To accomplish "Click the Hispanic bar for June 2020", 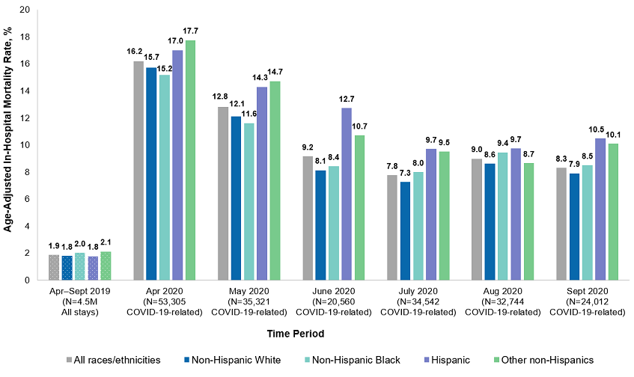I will coord(367,194).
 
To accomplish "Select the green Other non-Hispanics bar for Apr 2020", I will coord(190,161).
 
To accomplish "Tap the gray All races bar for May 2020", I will coord(222,194).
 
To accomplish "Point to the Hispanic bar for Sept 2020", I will coord(600,209).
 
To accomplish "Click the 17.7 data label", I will coord(191,31).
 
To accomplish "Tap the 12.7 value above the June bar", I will coord(367,99).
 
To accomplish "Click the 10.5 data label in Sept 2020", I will coord(600,129).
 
